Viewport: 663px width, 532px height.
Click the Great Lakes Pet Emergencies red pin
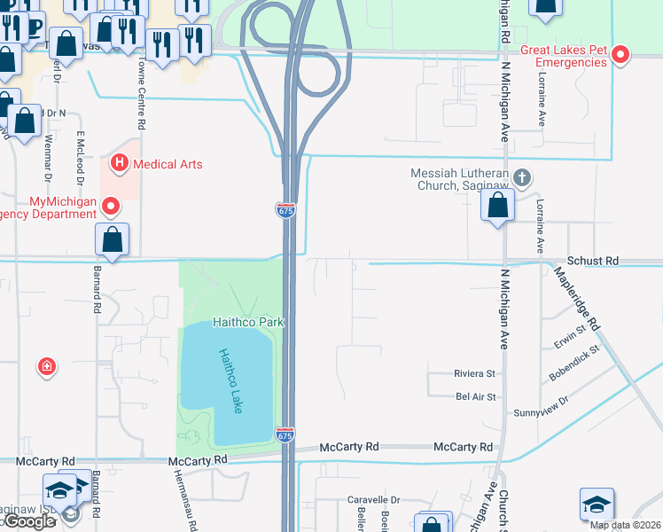(x=621, y=55)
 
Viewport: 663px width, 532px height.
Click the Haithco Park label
(x=247, y=322)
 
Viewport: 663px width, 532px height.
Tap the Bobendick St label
(x=573, y=363)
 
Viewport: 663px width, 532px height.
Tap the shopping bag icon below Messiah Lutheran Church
(x=498, y=205)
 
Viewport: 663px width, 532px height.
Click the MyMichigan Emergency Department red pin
(x=111, y=207)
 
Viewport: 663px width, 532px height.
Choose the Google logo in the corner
(x=29, y=521)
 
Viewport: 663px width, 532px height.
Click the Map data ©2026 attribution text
(x=625, y=525)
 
